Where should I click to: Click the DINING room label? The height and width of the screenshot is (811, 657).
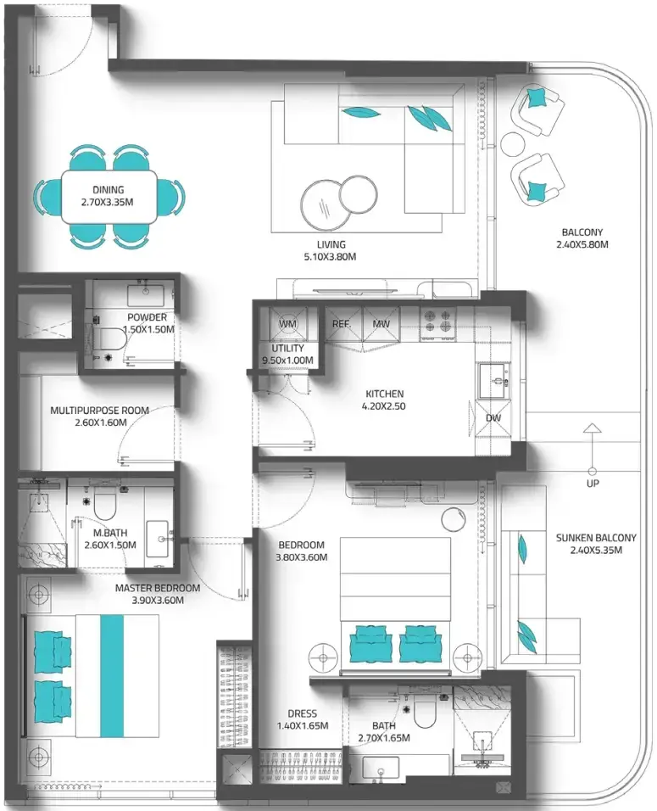point(108,190)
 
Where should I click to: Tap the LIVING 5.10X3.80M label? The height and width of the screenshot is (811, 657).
point(331,250)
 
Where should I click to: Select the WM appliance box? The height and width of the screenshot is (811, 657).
point(288,324)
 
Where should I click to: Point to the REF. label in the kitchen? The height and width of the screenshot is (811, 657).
point(341,324)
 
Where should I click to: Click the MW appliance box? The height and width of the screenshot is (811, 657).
point(381,324)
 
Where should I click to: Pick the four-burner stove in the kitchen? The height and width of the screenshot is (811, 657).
point(438,321)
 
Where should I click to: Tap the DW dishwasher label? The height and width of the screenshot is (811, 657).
point(493,418)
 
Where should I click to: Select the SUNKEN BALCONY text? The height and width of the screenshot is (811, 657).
point(595,538)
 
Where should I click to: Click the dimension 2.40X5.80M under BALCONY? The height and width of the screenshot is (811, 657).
point(582,244)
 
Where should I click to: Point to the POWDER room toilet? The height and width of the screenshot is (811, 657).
point(110,338)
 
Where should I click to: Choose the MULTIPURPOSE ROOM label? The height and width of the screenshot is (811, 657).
point(100,411)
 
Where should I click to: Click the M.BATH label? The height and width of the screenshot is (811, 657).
point(110,533)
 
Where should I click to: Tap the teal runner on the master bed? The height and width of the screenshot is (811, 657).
point(112,676)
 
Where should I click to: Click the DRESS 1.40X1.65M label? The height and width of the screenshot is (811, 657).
point(303,719)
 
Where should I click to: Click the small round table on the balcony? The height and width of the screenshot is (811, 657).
point(512,143)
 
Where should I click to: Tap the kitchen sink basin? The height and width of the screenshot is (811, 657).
point(493,382)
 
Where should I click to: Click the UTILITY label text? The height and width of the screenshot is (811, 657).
point(288,349)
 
